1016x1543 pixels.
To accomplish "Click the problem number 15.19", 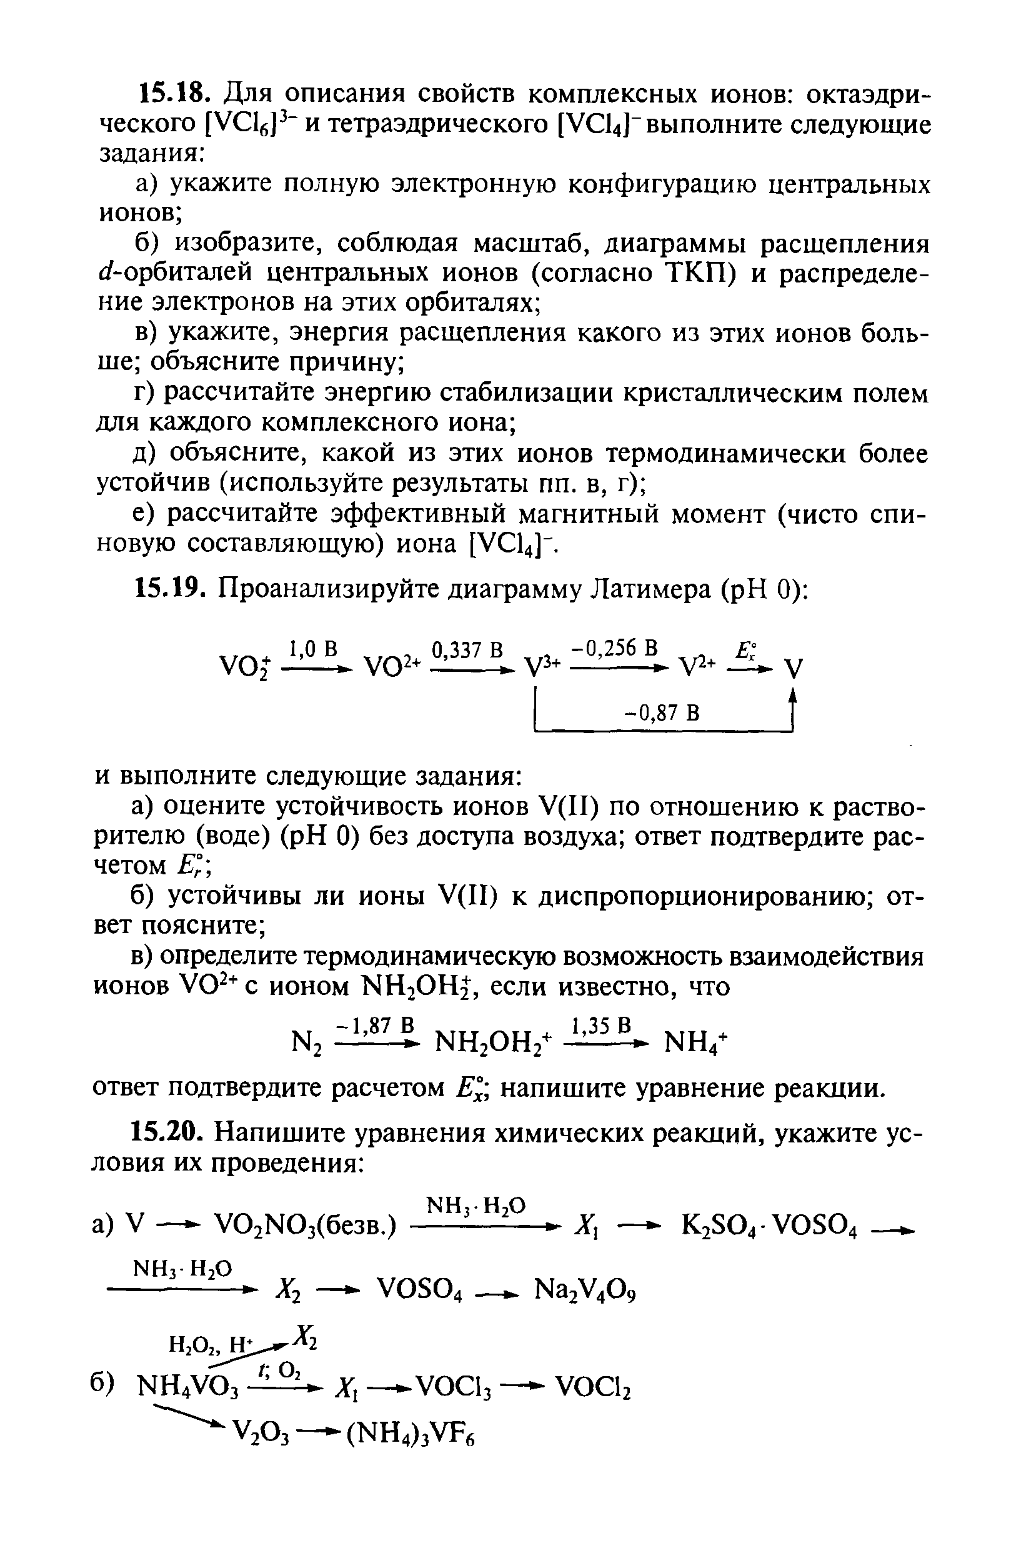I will point(170,588).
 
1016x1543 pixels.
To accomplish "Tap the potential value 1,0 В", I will point(314,647).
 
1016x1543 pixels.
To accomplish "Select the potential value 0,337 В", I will point(467,647).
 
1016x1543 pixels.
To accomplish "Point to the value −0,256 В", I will point(614,647).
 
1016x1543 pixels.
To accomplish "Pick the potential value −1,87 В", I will point(374,1024).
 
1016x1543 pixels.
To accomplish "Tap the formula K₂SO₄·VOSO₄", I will point(770,1226).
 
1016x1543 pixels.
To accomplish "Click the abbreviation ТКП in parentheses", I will point(702,274).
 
